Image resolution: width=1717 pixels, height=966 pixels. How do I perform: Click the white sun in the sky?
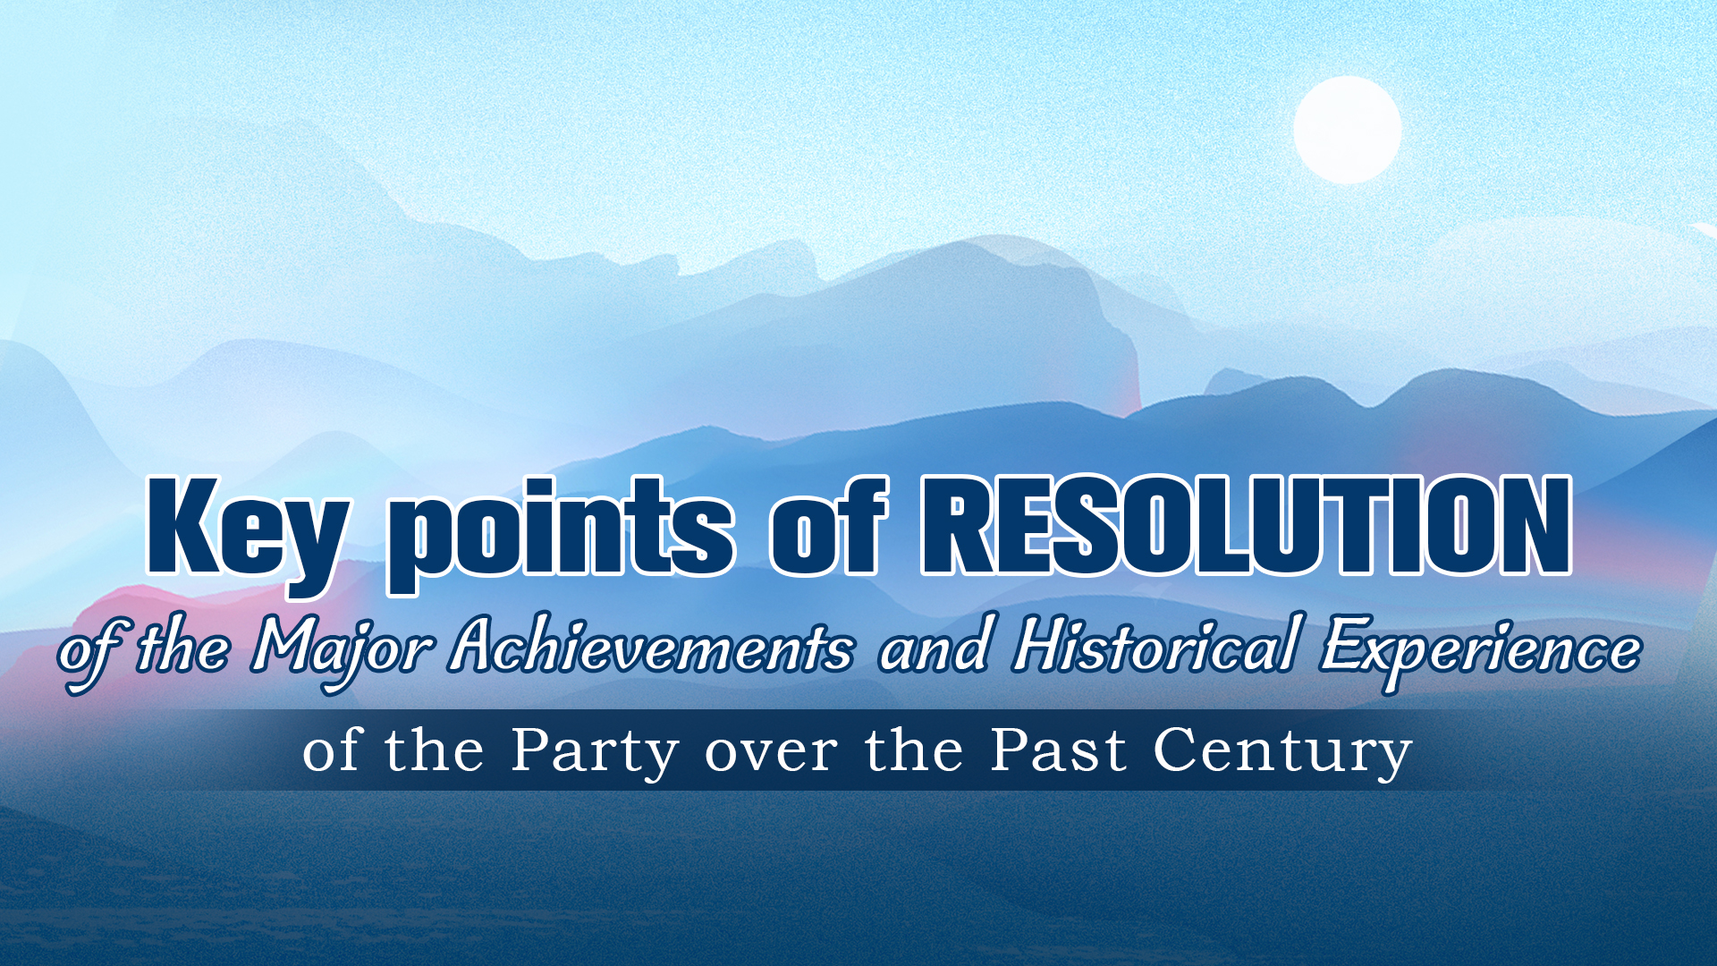(1347, 130)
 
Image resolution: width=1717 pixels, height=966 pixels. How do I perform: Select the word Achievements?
(651, 646)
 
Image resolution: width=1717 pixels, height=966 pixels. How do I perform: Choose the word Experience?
(1480, 648)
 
